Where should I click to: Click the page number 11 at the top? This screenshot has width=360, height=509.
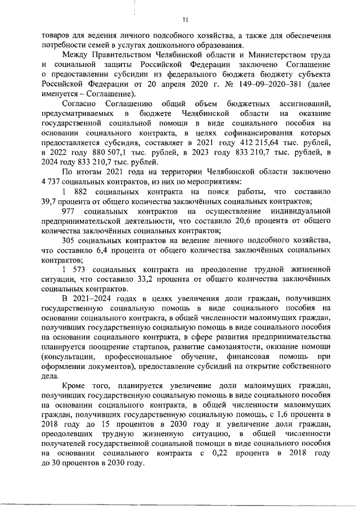pyautogui.click(x=185, y=20)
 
